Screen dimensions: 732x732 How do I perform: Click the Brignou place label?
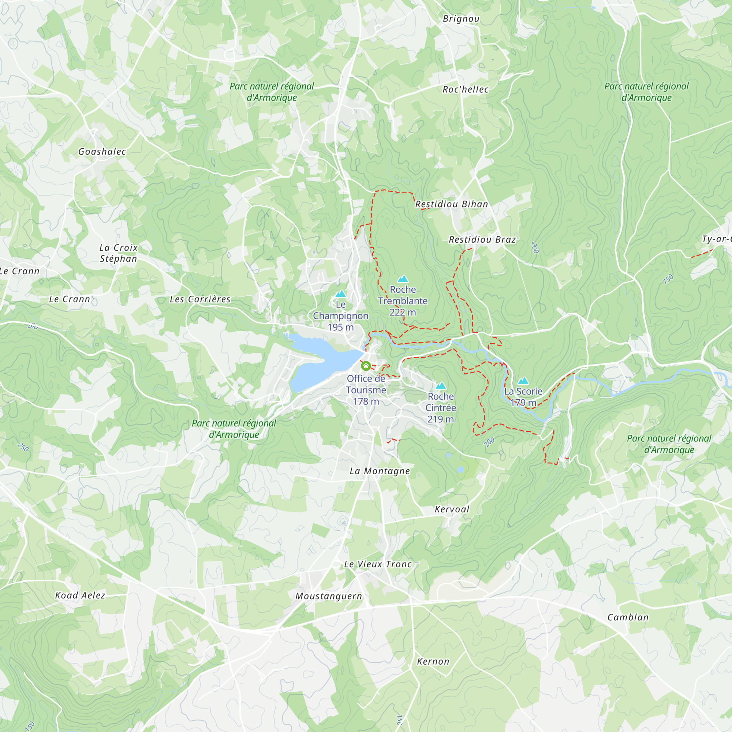(461, 19)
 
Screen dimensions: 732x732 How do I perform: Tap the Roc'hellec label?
(466, 89)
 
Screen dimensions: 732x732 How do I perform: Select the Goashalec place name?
(102, 152)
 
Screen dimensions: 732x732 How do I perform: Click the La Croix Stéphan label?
(119, 253)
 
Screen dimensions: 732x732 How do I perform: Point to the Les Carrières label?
(200, 299)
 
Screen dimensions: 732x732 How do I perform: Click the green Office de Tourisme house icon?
(366, 366)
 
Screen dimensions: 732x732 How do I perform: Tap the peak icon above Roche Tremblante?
(403, 279)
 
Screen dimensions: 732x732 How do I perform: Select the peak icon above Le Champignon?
(341, 294)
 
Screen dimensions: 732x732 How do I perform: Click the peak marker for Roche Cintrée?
(441, 386)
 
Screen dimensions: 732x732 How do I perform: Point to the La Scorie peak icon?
(523, 381)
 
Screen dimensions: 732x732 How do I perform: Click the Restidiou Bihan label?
(452, 204)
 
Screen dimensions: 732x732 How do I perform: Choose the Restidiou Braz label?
(482, 239)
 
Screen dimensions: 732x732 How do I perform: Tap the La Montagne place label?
(380, 471)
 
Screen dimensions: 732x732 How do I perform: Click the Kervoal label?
(452, 509)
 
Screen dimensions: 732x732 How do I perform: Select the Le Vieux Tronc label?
(378, 564)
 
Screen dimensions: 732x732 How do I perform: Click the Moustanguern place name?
(329, 596)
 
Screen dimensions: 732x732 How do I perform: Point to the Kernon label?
(433, 661)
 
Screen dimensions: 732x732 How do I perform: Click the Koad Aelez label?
(80, 595)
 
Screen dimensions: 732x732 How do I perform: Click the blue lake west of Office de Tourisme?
(318, 362)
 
